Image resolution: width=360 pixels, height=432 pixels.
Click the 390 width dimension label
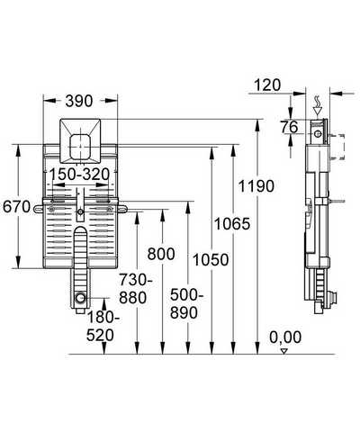[79, 101]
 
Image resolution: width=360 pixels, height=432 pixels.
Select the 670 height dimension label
[17, 207]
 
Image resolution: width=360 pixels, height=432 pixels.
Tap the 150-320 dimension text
[79, 175]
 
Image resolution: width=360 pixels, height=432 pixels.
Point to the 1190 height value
[256, 186]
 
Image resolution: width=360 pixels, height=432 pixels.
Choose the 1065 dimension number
[231, 224]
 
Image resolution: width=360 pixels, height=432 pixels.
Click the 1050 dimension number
[211, 260]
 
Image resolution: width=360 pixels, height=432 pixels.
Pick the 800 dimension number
[161, 254]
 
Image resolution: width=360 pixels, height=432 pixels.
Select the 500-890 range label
[186, 304]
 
